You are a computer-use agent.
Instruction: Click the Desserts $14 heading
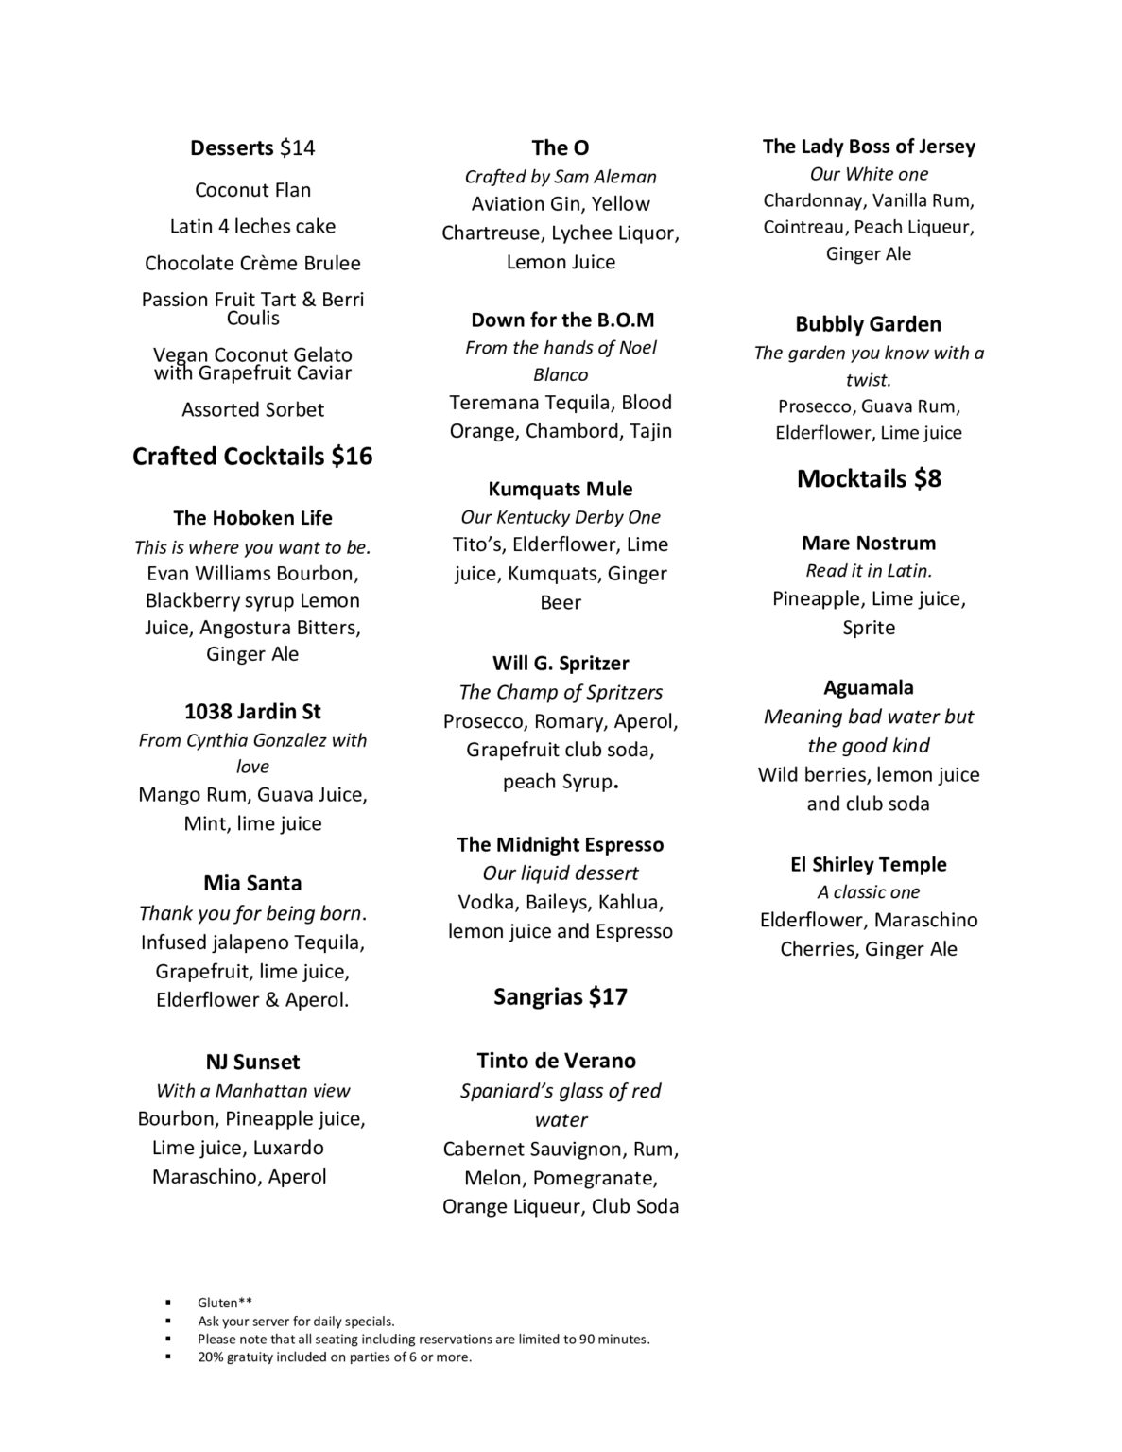pos(252,147)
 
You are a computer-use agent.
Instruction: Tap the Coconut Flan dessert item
pos(252,190)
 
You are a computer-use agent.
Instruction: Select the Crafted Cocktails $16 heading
pos(252,457)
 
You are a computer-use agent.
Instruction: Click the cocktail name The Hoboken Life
pos(252,518)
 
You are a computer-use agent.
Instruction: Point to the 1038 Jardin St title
pos(252,711)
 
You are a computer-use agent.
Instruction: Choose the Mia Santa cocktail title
pos(252,883)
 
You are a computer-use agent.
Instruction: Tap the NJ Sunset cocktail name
pos(252,1062)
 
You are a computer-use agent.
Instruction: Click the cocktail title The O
pos(561,147)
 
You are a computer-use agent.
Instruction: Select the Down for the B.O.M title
pos(561,320)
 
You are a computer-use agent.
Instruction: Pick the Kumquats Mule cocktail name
pos(561,489)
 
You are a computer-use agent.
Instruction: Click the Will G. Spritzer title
pos(561,663)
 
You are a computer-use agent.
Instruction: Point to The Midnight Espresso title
pos(561,844)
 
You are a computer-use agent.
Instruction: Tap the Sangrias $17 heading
pos(561,996)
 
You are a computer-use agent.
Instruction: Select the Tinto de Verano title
pos(561,1061)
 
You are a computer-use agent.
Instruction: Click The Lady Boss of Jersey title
pos(869,147)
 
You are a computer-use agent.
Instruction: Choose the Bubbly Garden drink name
pos(869,324)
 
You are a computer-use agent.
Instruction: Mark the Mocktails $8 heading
pos(869,478)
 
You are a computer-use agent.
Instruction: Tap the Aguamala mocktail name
pos(869,687)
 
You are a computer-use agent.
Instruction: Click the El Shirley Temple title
pos(869,864)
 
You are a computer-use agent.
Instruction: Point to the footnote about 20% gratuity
pos(334,1357)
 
